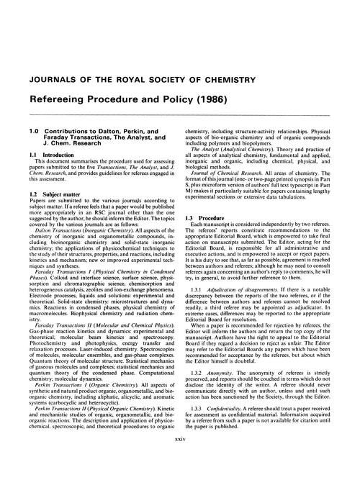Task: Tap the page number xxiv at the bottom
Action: pyautogui.click(x=180, y=458)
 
